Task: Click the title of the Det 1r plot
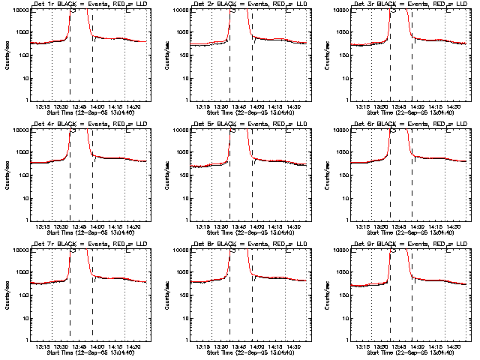tap(91, 5)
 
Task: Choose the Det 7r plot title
tap(91, 244)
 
